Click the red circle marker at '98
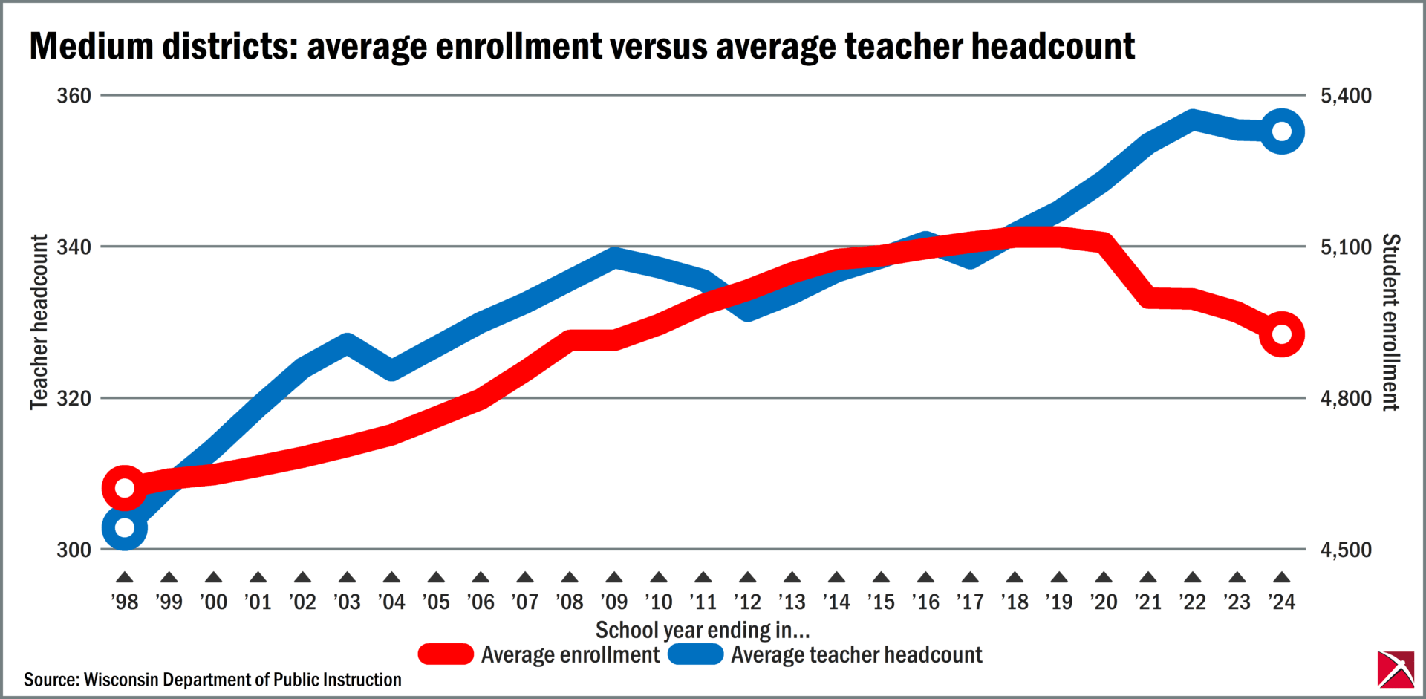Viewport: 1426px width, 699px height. coord(125,488)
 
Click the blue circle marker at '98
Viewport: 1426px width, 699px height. coord(125,528)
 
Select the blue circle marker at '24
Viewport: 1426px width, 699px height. coord(1282,131)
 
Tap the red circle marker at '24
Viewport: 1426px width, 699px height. coord(1282,334)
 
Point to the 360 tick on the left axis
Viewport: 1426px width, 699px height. coord(74,96)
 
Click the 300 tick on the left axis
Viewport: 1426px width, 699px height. coord(74,550)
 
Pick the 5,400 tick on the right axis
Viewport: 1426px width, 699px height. coord(1346,96)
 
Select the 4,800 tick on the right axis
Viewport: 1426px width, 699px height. coord(1346,399)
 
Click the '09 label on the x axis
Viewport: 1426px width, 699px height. coord(614,602)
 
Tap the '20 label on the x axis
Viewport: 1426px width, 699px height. coord(1104,602)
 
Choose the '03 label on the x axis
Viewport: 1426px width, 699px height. coord(347,602)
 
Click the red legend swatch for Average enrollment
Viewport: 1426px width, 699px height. coord(446,654)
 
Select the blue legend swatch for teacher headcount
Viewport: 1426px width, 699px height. coord(696,654)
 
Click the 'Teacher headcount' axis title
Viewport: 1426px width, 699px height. coord(39,322)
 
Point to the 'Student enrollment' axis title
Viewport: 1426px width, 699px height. coord(1390,322)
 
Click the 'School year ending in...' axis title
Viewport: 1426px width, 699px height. coord(703,630)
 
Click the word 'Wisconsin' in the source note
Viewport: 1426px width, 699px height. coord(120,680)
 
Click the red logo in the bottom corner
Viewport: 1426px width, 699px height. coord(1396,669)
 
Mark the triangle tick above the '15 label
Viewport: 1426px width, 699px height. coord(881,578)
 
